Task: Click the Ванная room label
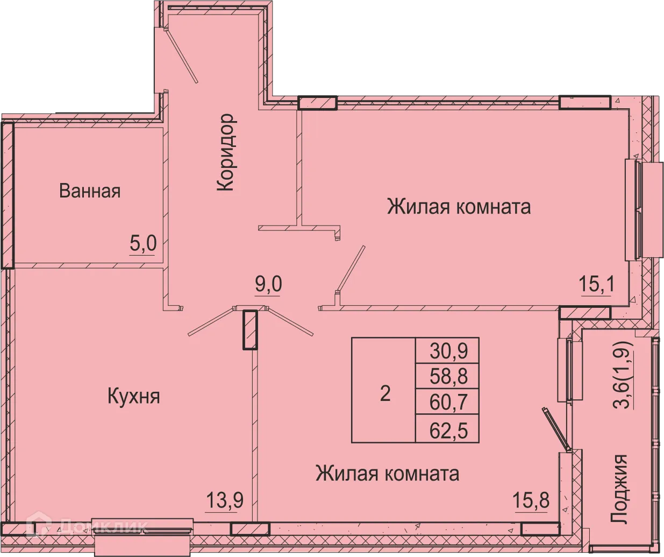coord(90,191)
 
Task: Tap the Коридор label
coord(226,152)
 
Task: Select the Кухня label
coord(134,397)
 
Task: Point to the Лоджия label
coord(620,489)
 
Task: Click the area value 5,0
coord(142,244)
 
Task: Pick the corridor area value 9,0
coord(268,284)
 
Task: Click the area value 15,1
coord(596,284)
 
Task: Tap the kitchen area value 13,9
coord(225,501)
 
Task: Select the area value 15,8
coord(532,501)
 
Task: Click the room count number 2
coord(385,393)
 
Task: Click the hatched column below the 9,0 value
coord(249,330)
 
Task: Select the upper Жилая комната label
coord(459,207)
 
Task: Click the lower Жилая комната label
coord(387,474)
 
